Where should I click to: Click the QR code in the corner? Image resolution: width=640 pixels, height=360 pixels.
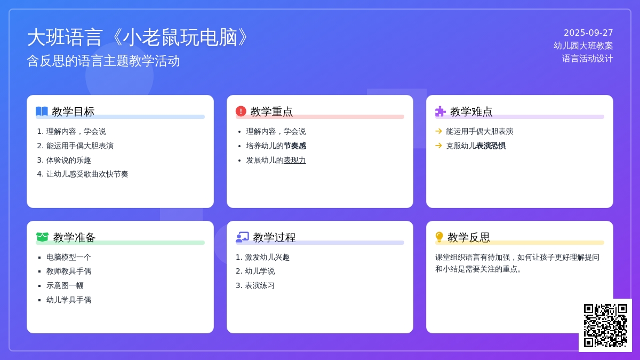(605, 325)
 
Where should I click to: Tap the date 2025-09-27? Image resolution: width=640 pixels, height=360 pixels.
(588, 33)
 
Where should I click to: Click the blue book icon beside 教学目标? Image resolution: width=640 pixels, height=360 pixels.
(42, 111)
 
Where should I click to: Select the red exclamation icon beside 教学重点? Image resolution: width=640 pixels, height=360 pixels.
(241, 111)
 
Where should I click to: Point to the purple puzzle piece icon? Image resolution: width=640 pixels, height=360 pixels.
(441, 111)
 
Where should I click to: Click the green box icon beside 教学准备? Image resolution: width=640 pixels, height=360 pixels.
(42, 237)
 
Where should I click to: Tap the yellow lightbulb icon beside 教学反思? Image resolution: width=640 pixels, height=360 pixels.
(439, 237)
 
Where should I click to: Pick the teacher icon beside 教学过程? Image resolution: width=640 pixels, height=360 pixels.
(242, 237)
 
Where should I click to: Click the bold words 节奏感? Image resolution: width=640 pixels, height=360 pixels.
(295, 146)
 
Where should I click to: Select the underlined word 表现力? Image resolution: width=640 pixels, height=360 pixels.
(294, 161)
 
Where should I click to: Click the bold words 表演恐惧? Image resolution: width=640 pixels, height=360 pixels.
(491, 146)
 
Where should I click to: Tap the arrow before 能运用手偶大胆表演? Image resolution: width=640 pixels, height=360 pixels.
(438, 131)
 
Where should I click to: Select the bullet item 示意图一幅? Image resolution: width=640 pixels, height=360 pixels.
(65, 285)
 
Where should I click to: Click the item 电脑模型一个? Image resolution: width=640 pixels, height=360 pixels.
(69, 257)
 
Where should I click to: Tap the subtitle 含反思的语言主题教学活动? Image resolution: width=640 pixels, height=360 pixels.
(103, 61)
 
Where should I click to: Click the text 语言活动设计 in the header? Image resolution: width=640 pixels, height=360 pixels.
(587, 59)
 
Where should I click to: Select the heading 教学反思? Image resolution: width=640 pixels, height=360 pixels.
(469, 237)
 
